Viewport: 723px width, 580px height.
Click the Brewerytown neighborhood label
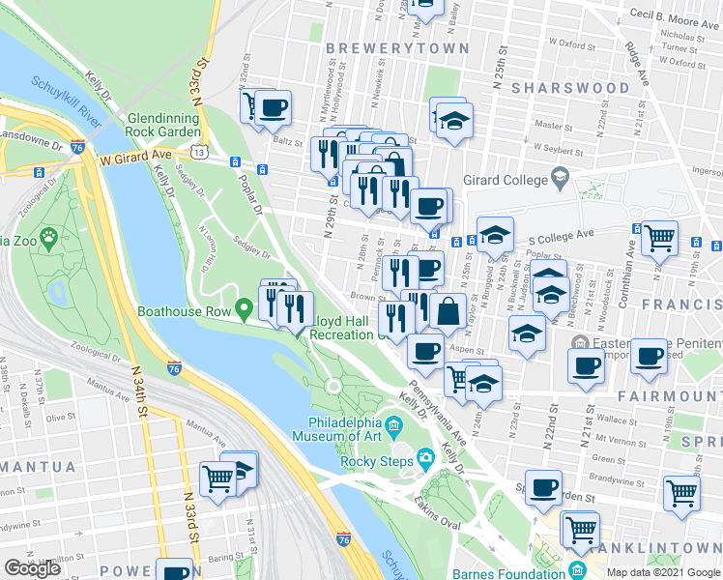397,48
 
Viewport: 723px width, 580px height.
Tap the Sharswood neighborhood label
570,88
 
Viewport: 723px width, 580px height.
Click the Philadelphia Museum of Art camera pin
394,425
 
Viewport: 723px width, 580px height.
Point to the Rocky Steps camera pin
424,457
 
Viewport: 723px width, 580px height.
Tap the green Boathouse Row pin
246,310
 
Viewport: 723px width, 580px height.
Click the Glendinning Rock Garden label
162,125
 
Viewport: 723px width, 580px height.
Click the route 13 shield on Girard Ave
198,152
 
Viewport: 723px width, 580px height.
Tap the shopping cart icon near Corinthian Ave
658,236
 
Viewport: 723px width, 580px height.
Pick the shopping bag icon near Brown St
448,312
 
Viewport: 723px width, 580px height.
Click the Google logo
33,568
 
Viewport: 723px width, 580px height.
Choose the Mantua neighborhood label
37,467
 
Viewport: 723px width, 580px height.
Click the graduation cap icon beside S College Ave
495,235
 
